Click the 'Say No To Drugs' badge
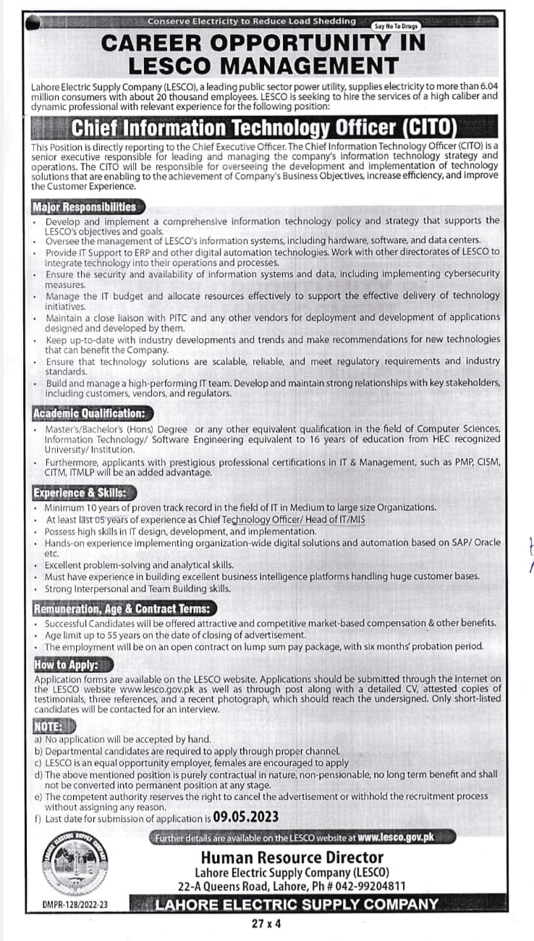[x=397, y=25]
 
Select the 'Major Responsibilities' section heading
[x=85, y=207]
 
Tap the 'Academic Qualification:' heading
[x=88, y=413]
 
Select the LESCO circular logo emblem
[x=75, y=864]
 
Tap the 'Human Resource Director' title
[x=292, y=858]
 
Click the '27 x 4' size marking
[x=266, y=923]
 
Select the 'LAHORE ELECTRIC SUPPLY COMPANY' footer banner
[x=297, y=904]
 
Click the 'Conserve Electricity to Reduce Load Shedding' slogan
[x=251, y=21]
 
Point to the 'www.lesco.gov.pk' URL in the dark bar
[x=396, y=837]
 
